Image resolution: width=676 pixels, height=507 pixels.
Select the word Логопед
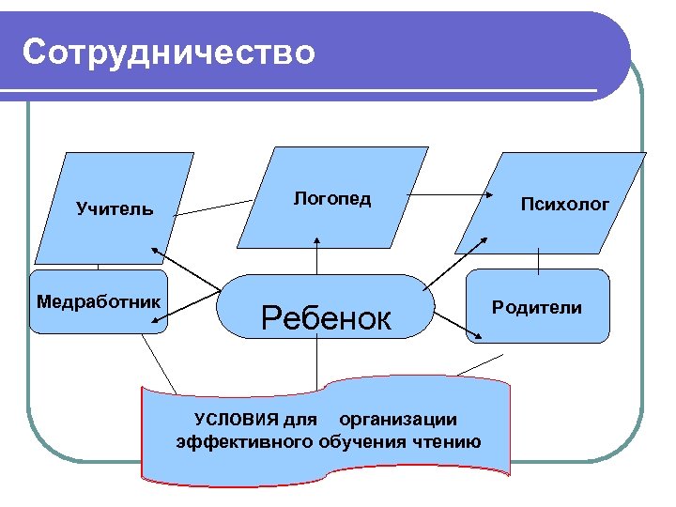331,198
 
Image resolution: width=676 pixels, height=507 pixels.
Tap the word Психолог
565,204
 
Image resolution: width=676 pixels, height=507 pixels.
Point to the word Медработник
97,301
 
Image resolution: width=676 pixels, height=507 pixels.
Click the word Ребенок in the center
326,318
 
